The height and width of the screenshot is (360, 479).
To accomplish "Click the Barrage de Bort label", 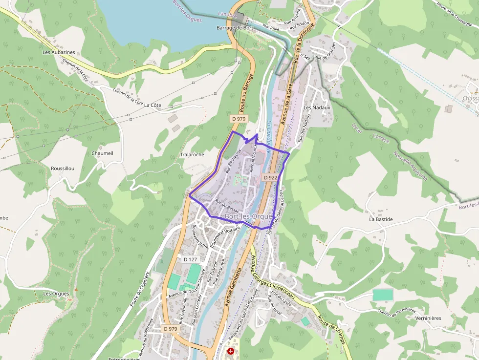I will (x=235, y=28).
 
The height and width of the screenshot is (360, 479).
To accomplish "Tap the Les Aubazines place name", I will (x=59, y=52).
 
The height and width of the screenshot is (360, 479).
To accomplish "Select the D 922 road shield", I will (x=270, y=178).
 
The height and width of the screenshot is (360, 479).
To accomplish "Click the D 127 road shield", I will (x=190, y=259).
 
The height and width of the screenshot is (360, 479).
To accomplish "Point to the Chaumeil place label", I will (x=102, y=153).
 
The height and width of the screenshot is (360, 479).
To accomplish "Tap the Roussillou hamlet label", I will (x=63, y=169).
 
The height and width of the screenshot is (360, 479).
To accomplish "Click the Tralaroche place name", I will (x=192, y=154).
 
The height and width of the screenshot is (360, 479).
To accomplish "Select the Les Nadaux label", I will (x=317, y=107).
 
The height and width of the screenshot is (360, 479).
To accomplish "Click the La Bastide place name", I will (x=381, y=219).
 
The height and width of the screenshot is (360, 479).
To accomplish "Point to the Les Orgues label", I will (x=56, y=294).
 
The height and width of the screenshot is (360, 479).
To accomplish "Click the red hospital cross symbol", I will (x=231, y=351).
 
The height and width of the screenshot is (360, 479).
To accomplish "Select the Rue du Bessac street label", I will (x=227, y=206).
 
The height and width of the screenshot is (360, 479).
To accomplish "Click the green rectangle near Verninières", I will (x=382, y=295).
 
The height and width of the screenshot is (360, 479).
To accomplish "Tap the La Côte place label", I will (x=152, y=105).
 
